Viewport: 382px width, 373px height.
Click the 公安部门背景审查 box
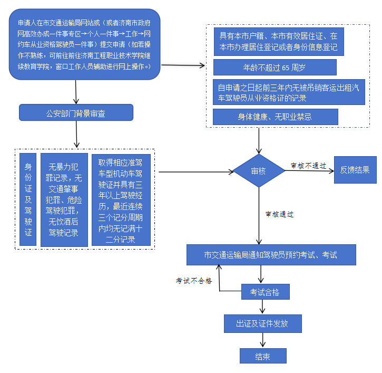tap(76, 112)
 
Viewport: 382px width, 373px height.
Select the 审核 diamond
tap(258, 171)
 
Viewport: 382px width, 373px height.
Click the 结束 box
tap(262, 356)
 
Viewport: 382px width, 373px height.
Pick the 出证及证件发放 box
tap(262, 323)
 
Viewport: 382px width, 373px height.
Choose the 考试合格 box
tap(265, 292)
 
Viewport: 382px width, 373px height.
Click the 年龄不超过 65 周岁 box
tap(275, 68)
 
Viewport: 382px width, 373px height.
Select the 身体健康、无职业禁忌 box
tap(275, 117)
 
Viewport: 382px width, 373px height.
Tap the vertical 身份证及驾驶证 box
tap(28, 199)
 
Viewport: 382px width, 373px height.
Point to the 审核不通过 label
tap(308, 165)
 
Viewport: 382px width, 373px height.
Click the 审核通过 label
tap(279, 214)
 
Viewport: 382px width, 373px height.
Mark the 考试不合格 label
tap(194, 281)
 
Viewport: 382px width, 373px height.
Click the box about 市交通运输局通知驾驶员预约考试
tap(271, 255)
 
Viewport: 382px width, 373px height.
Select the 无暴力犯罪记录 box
tap(64, 199)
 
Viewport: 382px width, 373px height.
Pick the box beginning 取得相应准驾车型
tap(121, 199)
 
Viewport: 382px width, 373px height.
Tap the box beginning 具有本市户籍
tap(279, 42)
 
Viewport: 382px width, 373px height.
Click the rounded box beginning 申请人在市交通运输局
tap(84, 44)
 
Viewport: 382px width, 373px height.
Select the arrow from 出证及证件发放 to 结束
tap(262, 340)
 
